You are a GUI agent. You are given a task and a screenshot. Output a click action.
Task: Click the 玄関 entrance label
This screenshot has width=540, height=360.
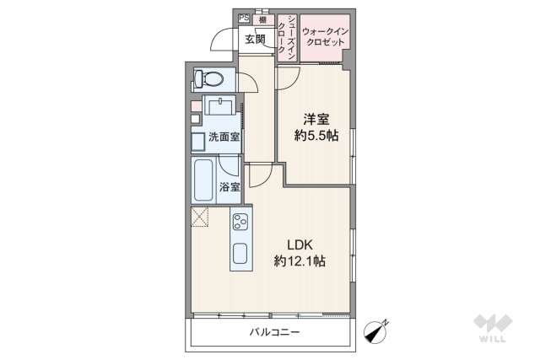255,39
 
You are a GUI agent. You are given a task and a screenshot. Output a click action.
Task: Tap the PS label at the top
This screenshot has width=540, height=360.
244,18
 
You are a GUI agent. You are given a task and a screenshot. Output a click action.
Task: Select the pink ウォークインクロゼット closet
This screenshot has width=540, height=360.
324,38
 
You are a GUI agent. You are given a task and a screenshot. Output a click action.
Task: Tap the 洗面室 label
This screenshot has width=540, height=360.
223,137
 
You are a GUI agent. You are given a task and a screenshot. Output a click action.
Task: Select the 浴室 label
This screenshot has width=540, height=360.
229,186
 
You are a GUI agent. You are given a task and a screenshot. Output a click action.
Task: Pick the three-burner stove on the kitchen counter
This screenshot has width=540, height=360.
240,224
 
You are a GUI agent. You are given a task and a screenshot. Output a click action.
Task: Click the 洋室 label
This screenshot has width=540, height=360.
316,119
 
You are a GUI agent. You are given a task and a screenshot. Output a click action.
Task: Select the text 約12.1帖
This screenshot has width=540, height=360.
300,262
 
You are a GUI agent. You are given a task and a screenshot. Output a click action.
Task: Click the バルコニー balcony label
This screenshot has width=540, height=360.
274,332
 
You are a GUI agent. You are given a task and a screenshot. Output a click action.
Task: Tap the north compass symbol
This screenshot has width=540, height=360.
374,332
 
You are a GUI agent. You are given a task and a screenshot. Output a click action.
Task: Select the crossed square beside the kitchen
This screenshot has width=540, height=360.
201,218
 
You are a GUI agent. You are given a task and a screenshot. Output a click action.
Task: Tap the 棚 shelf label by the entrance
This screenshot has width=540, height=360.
263,18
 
